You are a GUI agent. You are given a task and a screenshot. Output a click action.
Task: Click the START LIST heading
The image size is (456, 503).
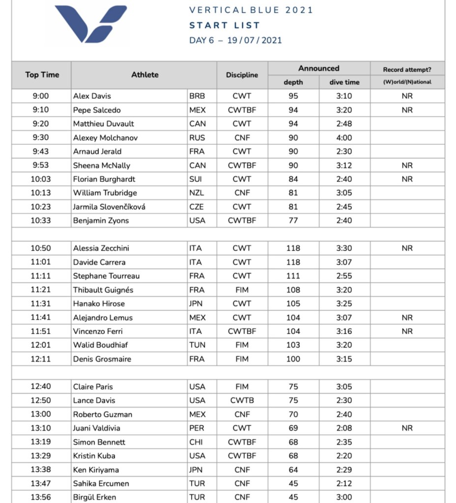[x=225, y=25]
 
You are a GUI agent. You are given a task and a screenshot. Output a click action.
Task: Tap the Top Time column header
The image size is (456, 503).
[x=42, y=75]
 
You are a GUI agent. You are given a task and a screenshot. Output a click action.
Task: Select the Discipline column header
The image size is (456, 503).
[x=242, y=75]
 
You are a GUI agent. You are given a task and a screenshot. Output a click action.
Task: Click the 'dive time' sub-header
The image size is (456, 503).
[x=344, y=82]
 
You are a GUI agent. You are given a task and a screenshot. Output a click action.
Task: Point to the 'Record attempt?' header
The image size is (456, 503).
[x=407, y=69]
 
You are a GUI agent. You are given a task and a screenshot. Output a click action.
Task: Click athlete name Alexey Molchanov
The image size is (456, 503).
[x=105, y=138]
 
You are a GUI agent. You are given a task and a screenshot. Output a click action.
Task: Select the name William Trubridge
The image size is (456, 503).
[x=105, y=193]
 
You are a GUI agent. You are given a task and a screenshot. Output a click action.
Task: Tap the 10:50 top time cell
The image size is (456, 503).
[x=41, y=248]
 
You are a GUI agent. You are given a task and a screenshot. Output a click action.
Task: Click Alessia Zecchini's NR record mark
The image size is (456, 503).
[x=407, y=248]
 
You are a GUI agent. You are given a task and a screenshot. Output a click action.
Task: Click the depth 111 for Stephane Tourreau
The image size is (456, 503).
[x=293, y=276]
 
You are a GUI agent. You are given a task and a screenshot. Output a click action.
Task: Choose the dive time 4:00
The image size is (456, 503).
[x=344, y=138]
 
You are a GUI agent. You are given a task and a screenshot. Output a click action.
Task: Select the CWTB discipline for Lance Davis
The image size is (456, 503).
[x=242, y=400]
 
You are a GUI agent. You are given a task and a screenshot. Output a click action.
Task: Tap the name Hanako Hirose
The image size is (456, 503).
[x=99, y=304]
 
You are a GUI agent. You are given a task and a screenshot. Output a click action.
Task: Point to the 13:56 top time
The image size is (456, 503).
[x=41, y=497]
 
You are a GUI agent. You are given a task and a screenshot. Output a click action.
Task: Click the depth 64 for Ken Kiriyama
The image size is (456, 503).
[x=293, y=470]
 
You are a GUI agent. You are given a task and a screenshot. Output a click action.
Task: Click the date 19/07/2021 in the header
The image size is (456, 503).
[x=255, y=40]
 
